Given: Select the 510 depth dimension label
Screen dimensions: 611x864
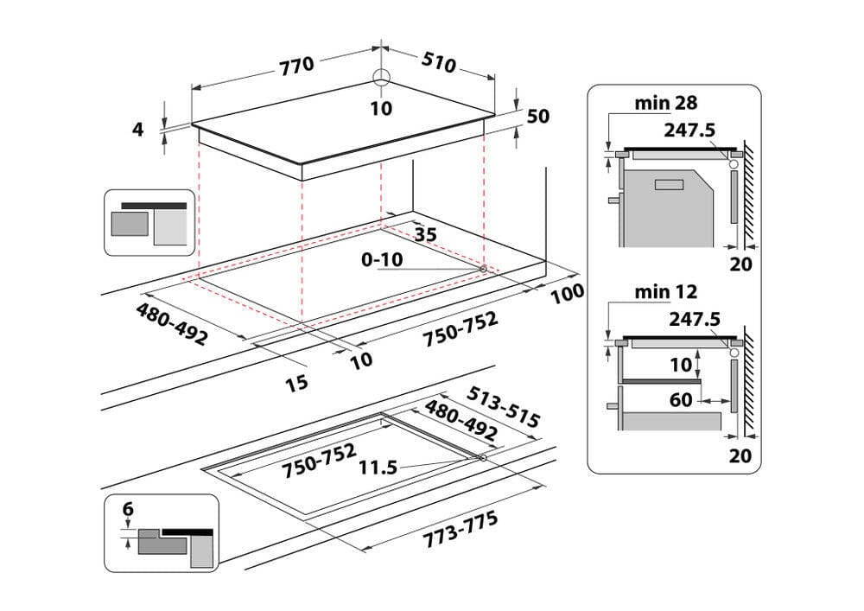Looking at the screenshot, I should coord(439,62).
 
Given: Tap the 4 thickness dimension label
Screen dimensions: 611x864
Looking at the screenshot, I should coord(137,130).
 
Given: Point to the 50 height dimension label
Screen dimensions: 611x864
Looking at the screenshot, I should coord(537,117).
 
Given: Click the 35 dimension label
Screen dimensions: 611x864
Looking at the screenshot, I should coord(424,233).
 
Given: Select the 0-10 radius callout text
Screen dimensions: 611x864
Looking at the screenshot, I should coord(381,258).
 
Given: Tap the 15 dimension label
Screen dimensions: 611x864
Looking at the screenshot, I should coord(296,381).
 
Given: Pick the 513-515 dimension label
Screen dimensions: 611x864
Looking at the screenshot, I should coord(503,406).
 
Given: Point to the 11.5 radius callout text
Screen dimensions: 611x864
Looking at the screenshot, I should coord(378,468).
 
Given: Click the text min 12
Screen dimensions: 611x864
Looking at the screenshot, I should coord(665,293).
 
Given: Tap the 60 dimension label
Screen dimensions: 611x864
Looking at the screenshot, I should coord(682,399).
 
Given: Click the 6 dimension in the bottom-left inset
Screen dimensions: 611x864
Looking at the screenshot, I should coord(128,510).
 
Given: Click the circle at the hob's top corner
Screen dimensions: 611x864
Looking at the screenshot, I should coord(382,77).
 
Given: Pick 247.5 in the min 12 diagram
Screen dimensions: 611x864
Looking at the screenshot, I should coord(695,320).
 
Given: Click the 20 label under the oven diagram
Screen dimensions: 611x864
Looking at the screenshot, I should coord(740,264).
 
